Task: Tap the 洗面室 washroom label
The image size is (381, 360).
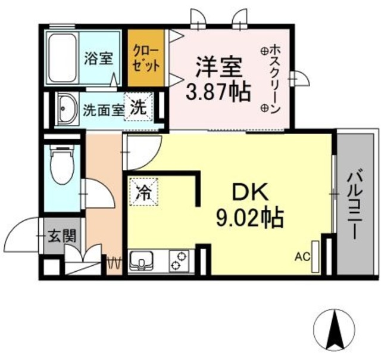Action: [103, 110]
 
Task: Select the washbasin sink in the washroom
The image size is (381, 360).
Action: [67, 109]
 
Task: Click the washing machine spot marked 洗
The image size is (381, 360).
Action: [138, 109]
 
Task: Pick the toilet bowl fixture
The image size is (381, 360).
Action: [60, 167]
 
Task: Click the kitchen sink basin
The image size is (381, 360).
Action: [141, 260]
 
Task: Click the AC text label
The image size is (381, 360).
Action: [302, 257]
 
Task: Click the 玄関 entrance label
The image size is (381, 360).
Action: [62, 235]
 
